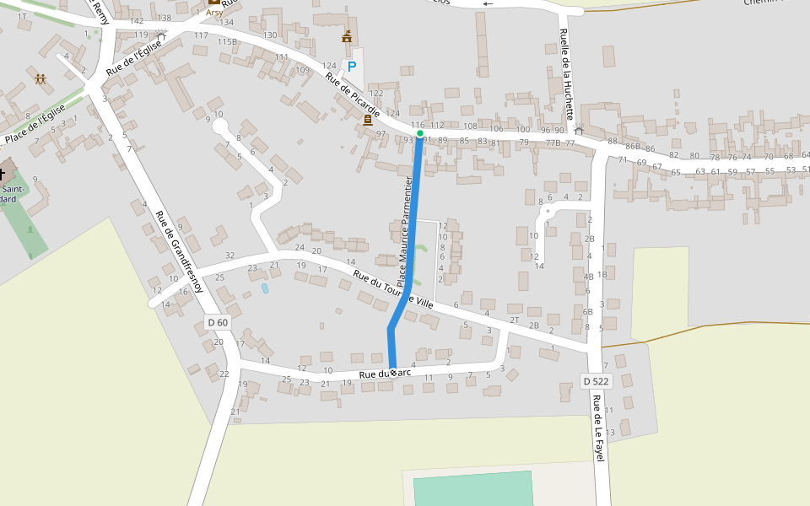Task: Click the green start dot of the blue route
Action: (x=420, y=133)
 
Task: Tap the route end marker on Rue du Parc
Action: (x=393, y=373)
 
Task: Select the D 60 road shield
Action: (x=218, y=322)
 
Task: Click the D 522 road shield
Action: (x=596, y=381)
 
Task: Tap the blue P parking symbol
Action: (x=352, y=66)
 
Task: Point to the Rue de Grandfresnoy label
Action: (x=179, y=250)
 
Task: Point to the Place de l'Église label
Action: (x=35, y=125)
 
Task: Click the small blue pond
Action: (x=266, y=288)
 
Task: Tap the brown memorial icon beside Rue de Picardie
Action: (x=368, y=120)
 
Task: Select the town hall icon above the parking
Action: (x=347, y=37)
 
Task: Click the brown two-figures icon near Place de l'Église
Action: (x=40, y=79)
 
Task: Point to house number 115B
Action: (x=227, y=41)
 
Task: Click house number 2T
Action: (x=514, y=320)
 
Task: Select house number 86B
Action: (x=632, y=147)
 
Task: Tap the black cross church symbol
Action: (x=3, y=175)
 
